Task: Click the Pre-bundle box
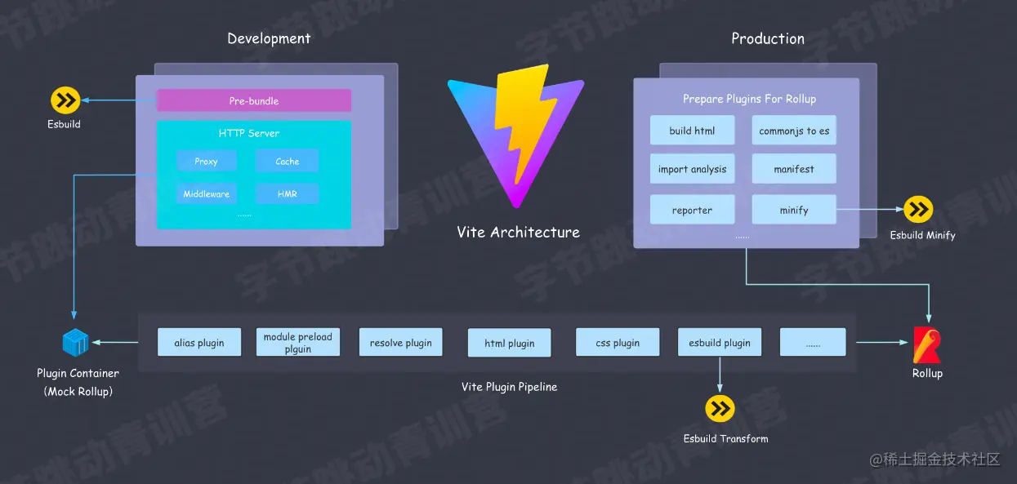pyautogui.click(x=253, y=100)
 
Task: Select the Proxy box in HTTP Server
pyautogui.click(x=206, y=161)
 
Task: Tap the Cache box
pyautogui.click(x=287, y=161)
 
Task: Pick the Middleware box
pyautogui.click(x=206, y=193)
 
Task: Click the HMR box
pyautogui.click(x=287, y=193)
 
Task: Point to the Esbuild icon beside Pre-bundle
pyautogui.click(x=65, y=100)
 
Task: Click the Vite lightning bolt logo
pyautogui.click(x=516, y=135)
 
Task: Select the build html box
pyautogui.click(x=692, y=131)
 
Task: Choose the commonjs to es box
pyautogui.click(x=794, y=131)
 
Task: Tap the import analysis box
pyautogui.click(x=692, y=169)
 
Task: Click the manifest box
pyautogui.click(x=794, y=169)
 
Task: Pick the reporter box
pyautogui.click(x=692, y=210)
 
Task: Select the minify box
pyautogui.click(x=794, y=210)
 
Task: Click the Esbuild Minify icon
pyautogui.click(x=919, y=210)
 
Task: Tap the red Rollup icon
pyautogui.click(x=926, y=344)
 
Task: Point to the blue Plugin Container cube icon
pyautogui.click(x=75, y=343)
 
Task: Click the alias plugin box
pyautogui.click(x=199, y=343)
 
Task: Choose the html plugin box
pyautogui.click(x=509, y=343)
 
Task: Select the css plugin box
pyautogui.click(x=618, y=343)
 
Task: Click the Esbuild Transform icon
pyautogui.click(x=720, y=409)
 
